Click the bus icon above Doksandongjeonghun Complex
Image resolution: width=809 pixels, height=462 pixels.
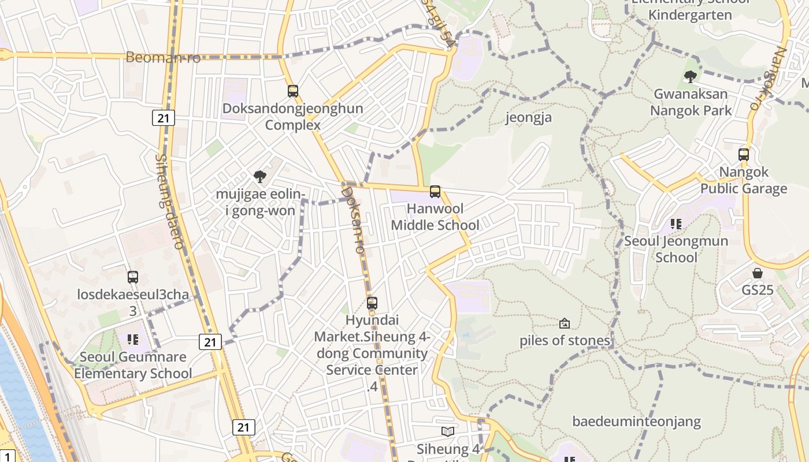coord(293,91)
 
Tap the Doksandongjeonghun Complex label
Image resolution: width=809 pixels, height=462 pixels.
coord(293,117)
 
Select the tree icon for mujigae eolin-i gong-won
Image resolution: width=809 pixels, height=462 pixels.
coord(260,177)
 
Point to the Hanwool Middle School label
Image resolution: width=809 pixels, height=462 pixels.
coord(435,217)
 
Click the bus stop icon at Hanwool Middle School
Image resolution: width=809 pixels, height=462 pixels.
coord(435,192)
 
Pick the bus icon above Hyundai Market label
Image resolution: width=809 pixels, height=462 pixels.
coord(372,303)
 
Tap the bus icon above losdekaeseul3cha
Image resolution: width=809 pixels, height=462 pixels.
coord(133,277)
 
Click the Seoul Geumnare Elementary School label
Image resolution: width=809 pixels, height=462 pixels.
coord(133,365)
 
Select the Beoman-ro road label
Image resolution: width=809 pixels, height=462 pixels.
coord(163,57)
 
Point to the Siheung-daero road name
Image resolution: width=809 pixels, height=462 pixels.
coord(169,201)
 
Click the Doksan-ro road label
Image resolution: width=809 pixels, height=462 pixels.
coord(353,219)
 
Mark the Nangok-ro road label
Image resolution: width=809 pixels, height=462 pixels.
coord(770,78)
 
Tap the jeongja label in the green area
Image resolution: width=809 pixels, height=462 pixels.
coord(529,118)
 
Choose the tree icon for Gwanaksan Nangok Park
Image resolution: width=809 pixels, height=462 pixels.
coord(690,76)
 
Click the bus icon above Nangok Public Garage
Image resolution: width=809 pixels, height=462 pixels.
coord(744,155)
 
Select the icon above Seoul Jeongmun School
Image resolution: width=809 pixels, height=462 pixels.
coord(676,223)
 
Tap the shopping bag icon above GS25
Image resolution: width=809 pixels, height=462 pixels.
coord(758,273)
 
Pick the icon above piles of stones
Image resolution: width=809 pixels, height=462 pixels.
coord(565,323)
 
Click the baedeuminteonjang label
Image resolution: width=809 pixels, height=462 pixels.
coord(637,422)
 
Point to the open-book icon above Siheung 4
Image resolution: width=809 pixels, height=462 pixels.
coord(448,431)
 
